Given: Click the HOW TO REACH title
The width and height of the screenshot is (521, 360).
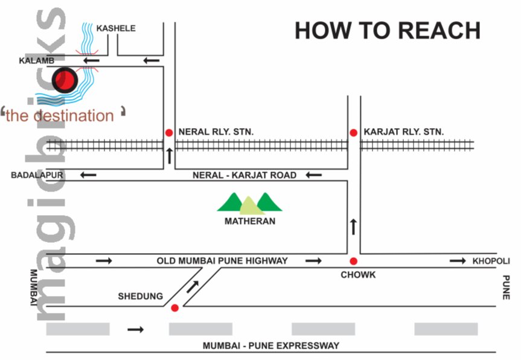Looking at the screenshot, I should tap(387, 30).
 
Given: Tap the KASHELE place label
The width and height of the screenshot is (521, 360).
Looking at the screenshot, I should tap(116, 28).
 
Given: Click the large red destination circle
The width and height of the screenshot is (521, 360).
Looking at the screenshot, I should tap(65, 80).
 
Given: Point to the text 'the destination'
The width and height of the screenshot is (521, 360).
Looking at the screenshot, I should tap(60, 115).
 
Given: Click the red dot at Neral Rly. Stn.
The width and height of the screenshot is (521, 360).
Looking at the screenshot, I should tap(168, 132).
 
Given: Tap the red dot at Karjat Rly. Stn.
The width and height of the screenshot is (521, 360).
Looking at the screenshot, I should tap(353, 132).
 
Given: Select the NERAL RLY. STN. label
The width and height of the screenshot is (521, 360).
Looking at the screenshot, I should tap(216, 132).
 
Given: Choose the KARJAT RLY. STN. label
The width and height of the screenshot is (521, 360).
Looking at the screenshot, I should tap(404, 132).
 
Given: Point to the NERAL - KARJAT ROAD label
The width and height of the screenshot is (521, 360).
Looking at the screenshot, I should tap(245, 175).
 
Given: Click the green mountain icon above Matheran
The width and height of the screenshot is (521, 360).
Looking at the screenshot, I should tap(249, 202).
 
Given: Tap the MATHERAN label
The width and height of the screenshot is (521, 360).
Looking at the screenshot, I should tap(250, 221).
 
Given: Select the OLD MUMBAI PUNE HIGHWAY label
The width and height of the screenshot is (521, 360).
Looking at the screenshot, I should tap(222, 261).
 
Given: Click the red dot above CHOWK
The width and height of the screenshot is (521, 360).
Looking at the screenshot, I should tap(353, 261).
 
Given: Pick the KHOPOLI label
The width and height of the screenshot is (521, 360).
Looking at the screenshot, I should tap(491, 261).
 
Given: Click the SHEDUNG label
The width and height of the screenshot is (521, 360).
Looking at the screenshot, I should tap(140, 296).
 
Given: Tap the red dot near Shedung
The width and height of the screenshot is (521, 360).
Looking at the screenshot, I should tap(175, 308).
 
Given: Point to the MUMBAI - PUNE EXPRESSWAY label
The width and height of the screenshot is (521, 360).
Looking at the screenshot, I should tap(270, 346).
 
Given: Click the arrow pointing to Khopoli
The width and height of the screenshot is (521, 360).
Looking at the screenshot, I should tap(458, 261).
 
